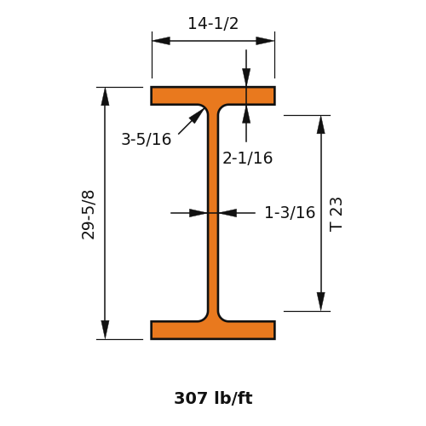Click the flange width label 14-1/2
tap(213, 23)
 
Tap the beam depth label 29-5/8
tap(88, 215)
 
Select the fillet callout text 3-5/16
tap(147, 139)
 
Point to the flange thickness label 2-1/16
tap(247, 158)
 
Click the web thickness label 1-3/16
tap(290, 212)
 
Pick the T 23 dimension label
tap(336, 215)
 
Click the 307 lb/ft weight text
tap(213, 398)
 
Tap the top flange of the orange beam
tap(213, 96)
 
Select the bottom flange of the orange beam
tap(213, 330)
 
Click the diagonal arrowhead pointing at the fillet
tap(197, 116)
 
